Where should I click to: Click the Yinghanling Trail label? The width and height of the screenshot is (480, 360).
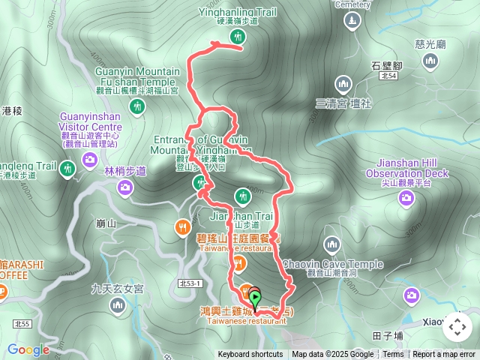click(238, 12)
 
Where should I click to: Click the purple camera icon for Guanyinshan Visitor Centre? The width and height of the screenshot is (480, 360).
click(89, 159)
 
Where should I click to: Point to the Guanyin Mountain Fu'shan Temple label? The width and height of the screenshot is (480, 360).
click(137, 76)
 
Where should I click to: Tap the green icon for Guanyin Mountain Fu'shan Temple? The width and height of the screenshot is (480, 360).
click(137, 107)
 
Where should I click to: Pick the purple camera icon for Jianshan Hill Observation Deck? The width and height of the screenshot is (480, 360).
click(406, 197)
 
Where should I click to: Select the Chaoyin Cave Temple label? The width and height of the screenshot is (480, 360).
click(334, 264)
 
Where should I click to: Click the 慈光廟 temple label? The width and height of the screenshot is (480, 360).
click(430, 44)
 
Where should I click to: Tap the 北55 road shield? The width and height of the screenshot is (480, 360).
click(22, 323)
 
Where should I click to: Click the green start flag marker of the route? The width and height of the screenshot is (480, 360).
click(256, 301)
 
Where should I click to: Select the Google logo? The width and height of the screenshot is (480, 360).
click(28, 349)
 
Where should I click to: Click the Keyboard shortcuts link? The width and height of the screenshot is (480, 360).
click(250, 355)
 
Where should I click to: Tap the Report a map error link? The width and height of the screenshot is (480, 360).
click(445, 355)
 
